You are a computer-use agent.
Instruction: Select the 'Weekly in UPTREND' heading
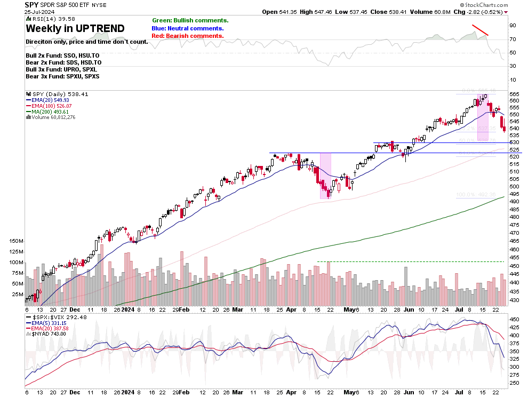pos(75,29)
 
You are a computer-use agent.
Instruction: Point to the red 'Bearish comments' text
pos(188,36)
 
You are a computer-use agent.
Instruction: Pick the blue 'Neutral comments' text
pos(188,28)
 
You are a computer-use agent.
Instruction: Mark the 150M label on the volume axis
pos(15,242)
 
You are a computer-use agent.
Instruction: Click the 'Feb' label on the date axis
pos(185,309)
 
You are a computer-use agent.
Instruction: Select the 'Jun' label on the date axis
pos(408,309)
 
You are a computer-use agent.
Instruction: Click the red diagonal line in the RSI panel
pos(480,30)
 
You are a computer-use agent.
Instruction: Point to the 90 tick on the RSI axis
pos(513,25)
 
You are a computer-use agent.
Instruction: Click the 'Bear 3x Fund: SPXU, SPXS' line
pos(62,76)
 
